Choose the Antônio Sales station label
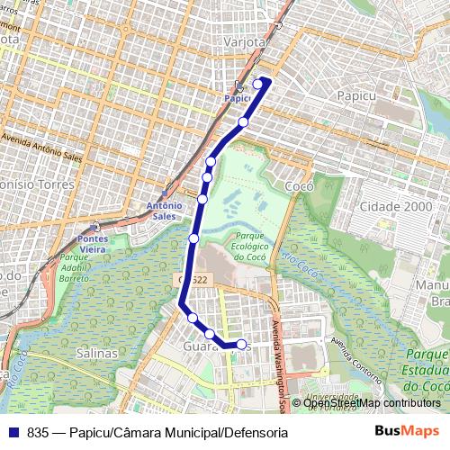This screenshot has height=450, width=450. [162, 211]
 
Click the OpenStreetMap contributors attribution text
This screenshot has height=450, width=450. [372, 403]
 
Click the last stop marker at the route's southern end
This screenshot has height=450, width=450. [240, 344]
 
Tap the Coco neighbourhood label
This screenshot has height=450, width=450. [297, 186]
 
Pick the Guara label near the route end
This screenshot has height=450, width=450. [199, 346]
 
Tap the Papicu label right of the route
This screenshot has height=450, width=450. [354, 94]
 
